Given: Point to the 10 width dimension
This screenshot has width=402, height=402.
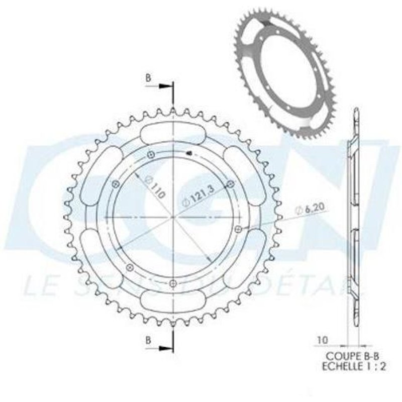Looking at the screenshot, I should point(322,340).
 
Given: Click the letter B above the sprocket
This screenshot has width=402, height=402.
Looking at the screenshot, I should point(148,78).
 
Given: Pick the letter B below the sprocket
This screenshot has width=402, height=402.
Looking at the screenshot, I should point(148,340).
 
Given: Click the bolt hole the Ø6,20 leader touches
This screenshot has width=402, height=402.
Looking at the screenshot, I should point(238,229).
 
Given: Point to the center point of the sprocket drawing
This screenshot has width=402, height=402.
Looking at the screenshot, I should point(172,217).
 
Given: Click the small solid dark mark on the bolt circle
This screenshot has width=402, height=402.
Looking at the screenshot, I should point(189,153).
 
